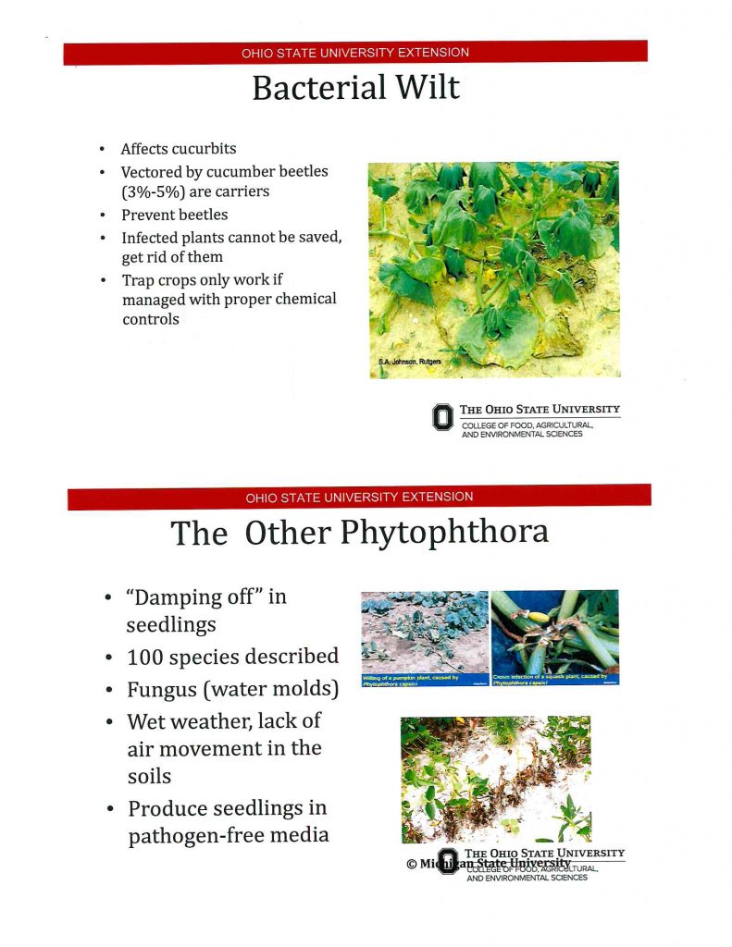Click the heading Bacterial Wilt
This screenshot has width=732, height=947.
[x=355, y=89]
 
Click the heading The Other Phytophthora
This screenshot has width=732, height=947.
[x=359, y=533]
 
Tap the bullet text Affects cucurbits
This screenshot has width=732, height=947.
[x=179, y=149]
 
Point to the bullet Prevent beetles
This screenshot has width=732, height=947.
[x=175, y=215]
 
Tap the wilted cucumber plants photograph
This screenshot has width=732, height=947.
[x=493, y=268]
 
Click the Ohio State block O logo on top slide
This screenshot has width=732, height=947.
[x=443, y=417]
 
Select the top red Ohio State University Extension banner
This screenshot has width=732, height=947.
[x=355, y=53]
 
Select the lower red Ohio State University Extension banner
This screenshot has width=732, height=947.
[x=359, y=497]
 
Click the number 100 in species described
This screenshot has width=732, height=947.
[x=149, y=657]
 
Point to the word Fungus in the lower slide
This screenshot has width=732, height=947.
[x=162, y=690]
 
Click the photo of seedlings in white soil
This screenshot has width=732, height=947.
[x=495, y=778]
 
